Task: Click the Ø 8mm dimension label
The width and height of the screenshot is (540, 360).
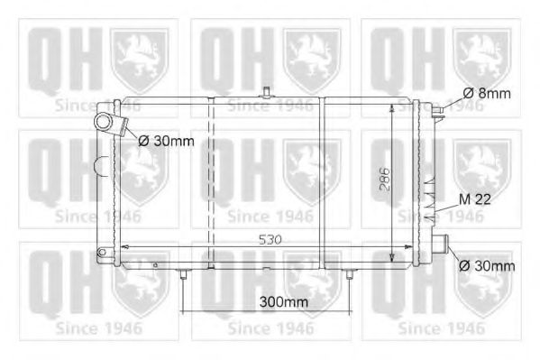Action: coord(487,94)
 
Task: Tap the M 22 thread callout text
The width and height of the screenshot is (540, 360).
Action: coord(475,199)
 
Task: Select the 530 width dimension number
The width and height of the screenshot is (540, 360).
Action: coord(270,240)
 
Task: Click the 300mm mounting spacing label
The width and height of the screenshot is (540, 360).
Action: coord(283,302)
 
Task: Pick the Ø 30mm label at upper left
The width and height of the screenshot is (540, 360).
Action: coord(167,141)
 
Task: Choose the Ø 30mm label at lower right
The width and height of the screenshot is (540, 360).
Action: coord(487,266)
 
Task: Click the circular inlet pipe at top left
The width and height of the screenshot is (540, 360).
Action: coord(104,123)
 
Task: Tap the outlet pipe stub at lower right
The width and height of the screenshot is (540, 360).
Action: coord(441,245)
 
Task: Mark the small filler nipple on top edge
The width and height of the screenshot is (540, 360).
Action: coord(266,92)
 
